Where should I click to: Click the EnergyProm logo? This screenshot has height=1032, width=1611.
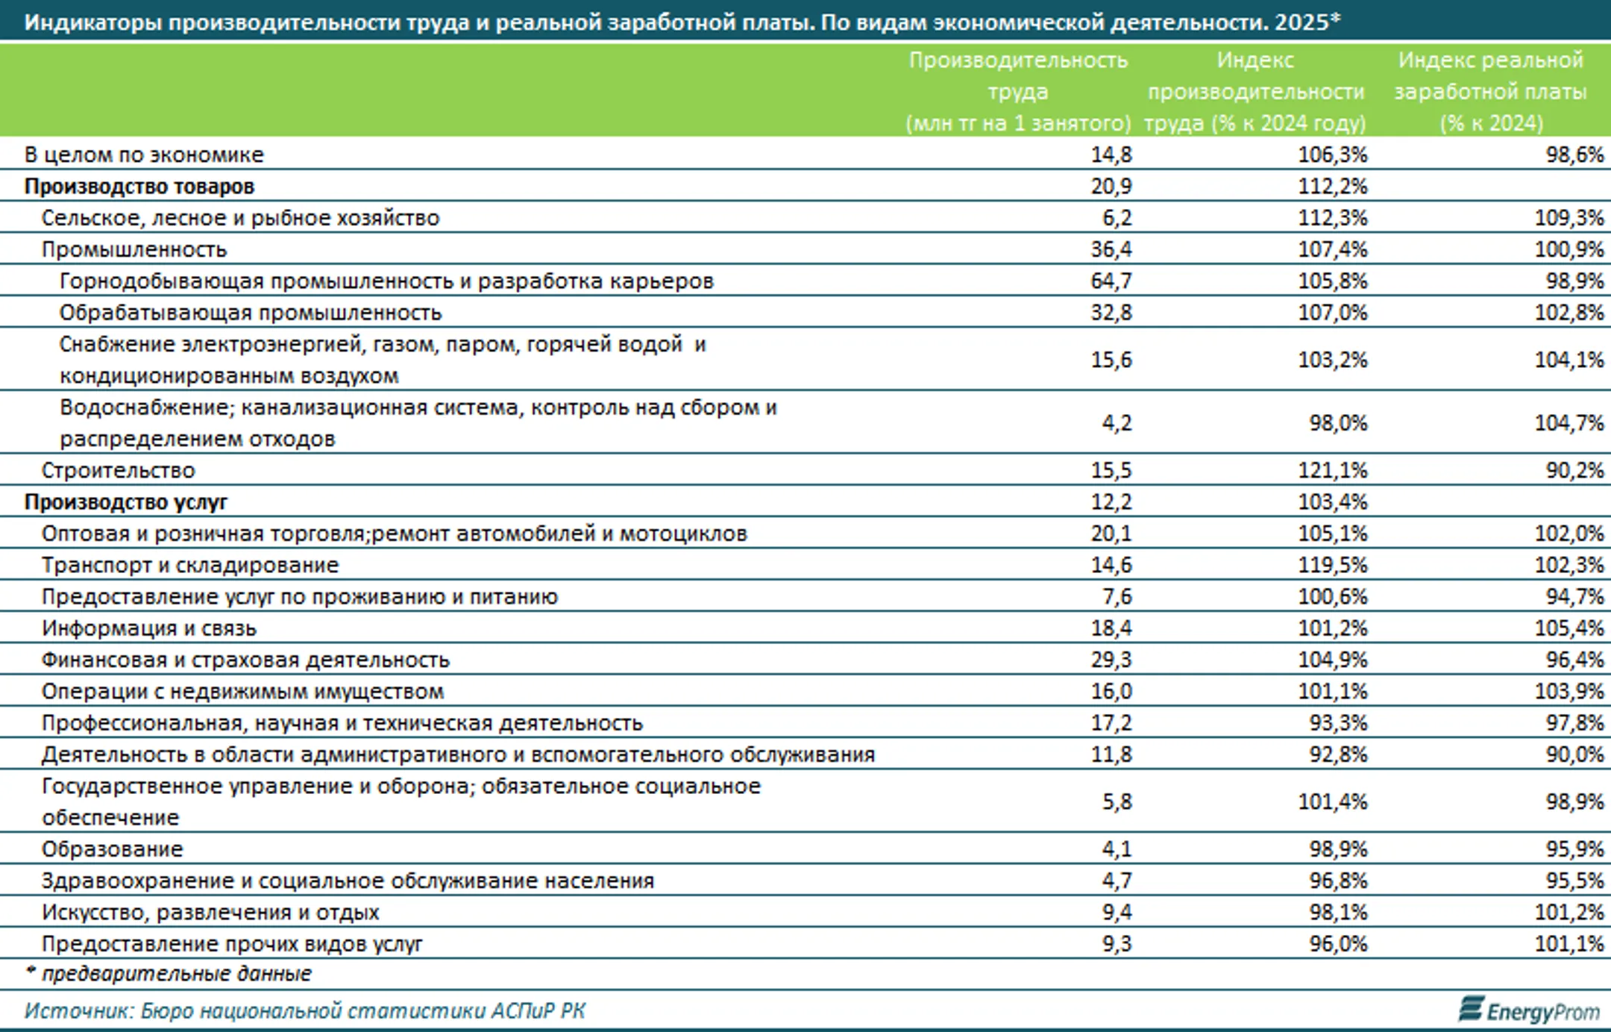pos(1530,1010)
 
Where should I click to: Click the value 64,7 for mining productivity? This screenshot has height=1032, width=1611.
pos(1111,281)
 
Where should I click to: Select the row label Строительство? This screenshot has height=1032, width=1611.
pos(118,470)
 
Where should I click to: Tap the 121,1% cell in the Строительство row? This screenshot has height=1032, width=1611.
pos(1333,470)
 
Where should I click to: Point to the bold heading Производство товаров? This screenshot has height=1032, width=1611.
pos(139,186)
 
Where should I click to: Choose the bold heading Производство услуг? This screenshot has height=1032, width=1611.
pos(126,502)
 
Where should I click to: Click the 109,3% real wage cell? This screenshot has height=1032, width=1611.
pos(1569,218)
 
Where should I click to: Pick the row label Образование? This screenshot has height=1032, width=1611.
pos(113,849)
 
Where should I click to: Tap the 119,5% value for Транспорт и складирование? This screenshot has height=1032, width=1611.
pos(1333,565)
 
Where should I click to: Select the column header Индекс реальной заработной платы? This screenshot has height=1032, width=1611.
pos(1491,91)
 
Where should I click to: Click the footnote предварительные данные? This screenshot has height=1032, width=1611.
pos(176,974)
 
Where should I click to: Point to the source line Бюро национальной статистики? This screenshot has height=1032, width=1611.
pos(304,1011)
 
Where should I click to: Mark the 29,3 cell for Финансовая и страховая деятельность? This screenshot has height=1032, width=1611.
pos(1111,660)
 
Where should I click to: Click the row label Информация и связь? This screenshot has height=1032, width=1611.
pos(149,628)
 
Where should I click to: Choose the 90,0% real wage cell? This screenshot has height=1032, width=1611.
pos(1574,754)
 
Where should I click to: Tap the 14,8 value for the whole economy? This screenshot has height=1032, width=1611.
pos(1111,154)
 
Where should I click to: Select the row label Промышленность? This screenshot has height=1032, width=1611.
pos(134,249)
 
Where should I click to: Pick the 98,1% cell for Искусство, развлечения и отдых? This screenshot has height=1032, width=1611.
pos(1338,912)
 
